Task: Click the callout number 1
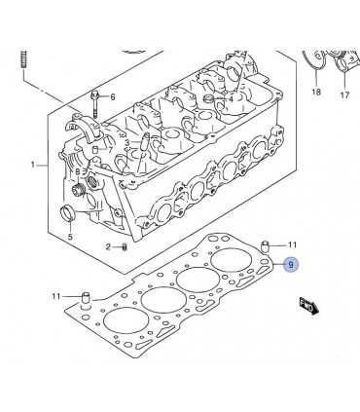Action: [32, 165]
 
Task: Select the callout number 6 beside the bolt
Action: [113, 96]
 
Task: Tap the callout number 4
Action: [231, 99]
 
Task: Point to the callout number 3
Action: [127, 142]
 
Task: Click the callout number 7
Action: [110, 150]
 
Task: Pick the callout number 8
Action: [78, 172]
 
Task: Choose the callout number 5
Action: [70, 237]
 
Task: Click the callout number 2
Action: [108, 247]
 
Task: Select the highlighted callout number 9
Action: [291, 265]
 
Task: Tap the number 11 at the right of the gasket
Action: [292, 244]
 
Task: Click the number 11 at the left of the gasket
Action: [56, 296]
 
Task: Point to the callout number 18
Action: [316, 92]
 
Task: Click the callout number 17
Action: [344, 94]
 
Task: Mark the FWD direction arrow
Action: [309, 306]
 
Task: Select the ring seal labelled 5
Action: [68, 212]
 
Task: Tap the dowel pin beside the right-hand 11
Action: [266, 246]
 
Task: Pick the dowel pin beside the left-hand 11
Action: [85, 297]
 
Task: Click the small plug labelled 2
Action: [124, 247]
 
